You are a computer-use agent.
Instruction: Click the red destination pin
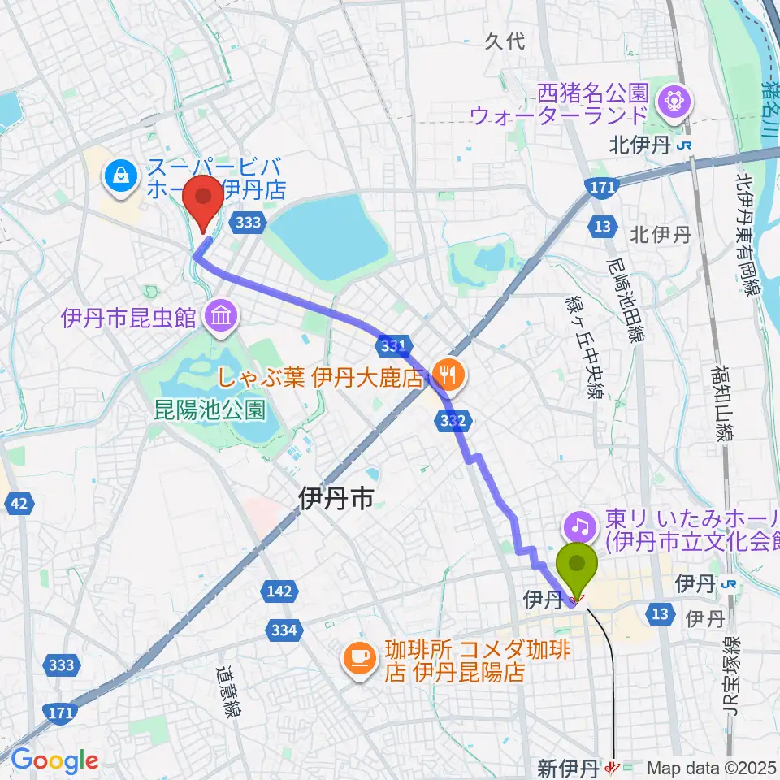(202, 199)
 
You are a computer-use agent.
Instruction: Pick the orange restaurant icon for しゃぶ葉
(447, 375)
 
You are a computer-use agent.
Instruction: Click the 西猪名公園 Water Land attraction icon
(676, 102)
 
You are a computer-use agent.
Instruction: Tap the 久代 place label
(505, 41)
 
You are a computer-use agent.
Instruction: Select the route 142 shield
(279, 593)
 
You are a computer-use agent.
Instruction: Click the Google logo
(54, 760)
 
